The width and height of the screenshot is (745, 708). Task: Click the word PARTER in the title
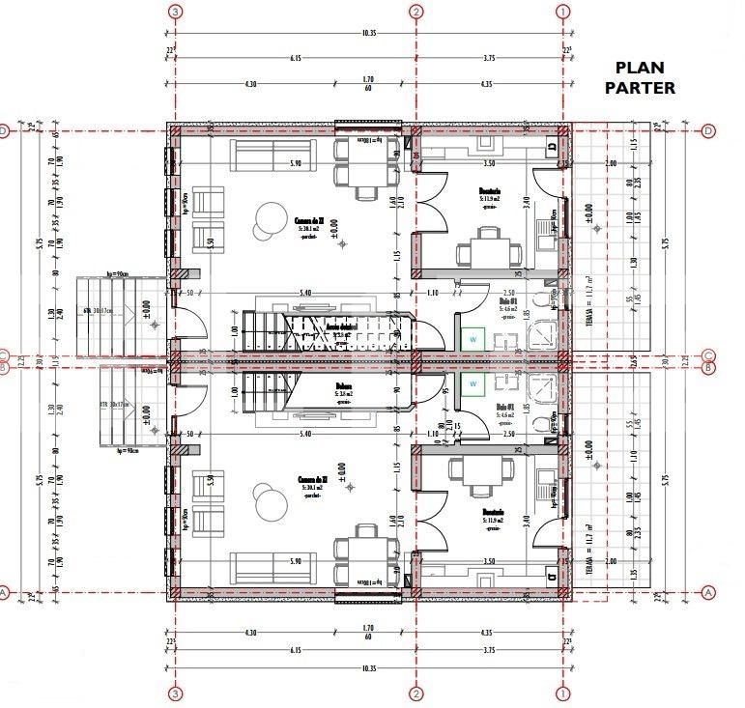coord(639,87)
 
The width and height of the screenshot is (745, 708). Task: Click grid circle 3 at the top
coord(175,12)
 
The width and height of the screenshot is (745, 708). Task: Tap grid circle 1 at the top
coord(563,12)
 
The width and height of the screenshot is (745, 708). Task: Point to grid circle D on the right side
coord(708,130)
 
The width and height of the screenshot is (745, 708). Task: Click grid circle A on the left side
coord(4,592)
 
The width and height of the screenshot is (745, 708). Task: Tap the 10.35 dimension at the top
coord(368,32)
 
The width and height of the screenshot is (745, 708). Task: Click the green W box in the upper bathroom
coord(473,339)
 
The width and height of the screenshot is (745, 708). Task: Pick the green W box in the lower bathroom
coord(473,383)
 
